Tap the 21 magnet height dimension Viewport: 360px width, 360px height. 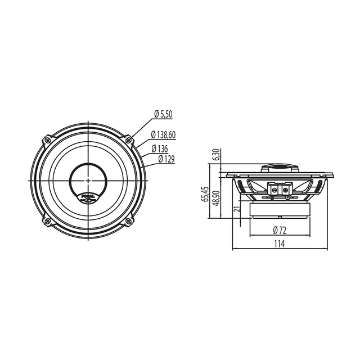237,209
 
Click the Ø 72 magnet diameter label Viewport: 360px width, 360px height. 280,229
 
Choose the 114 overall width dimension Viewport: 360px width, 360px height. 280,244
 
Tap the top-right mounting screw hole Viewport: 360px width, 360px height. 128,139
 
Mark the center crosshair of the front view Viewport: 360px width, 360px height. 88,179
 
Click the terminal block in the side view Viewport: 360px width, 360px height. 280,190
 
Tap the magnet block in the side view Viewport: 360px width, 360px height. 280,211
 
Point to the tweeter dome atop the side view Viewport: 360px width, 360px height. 280,168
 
